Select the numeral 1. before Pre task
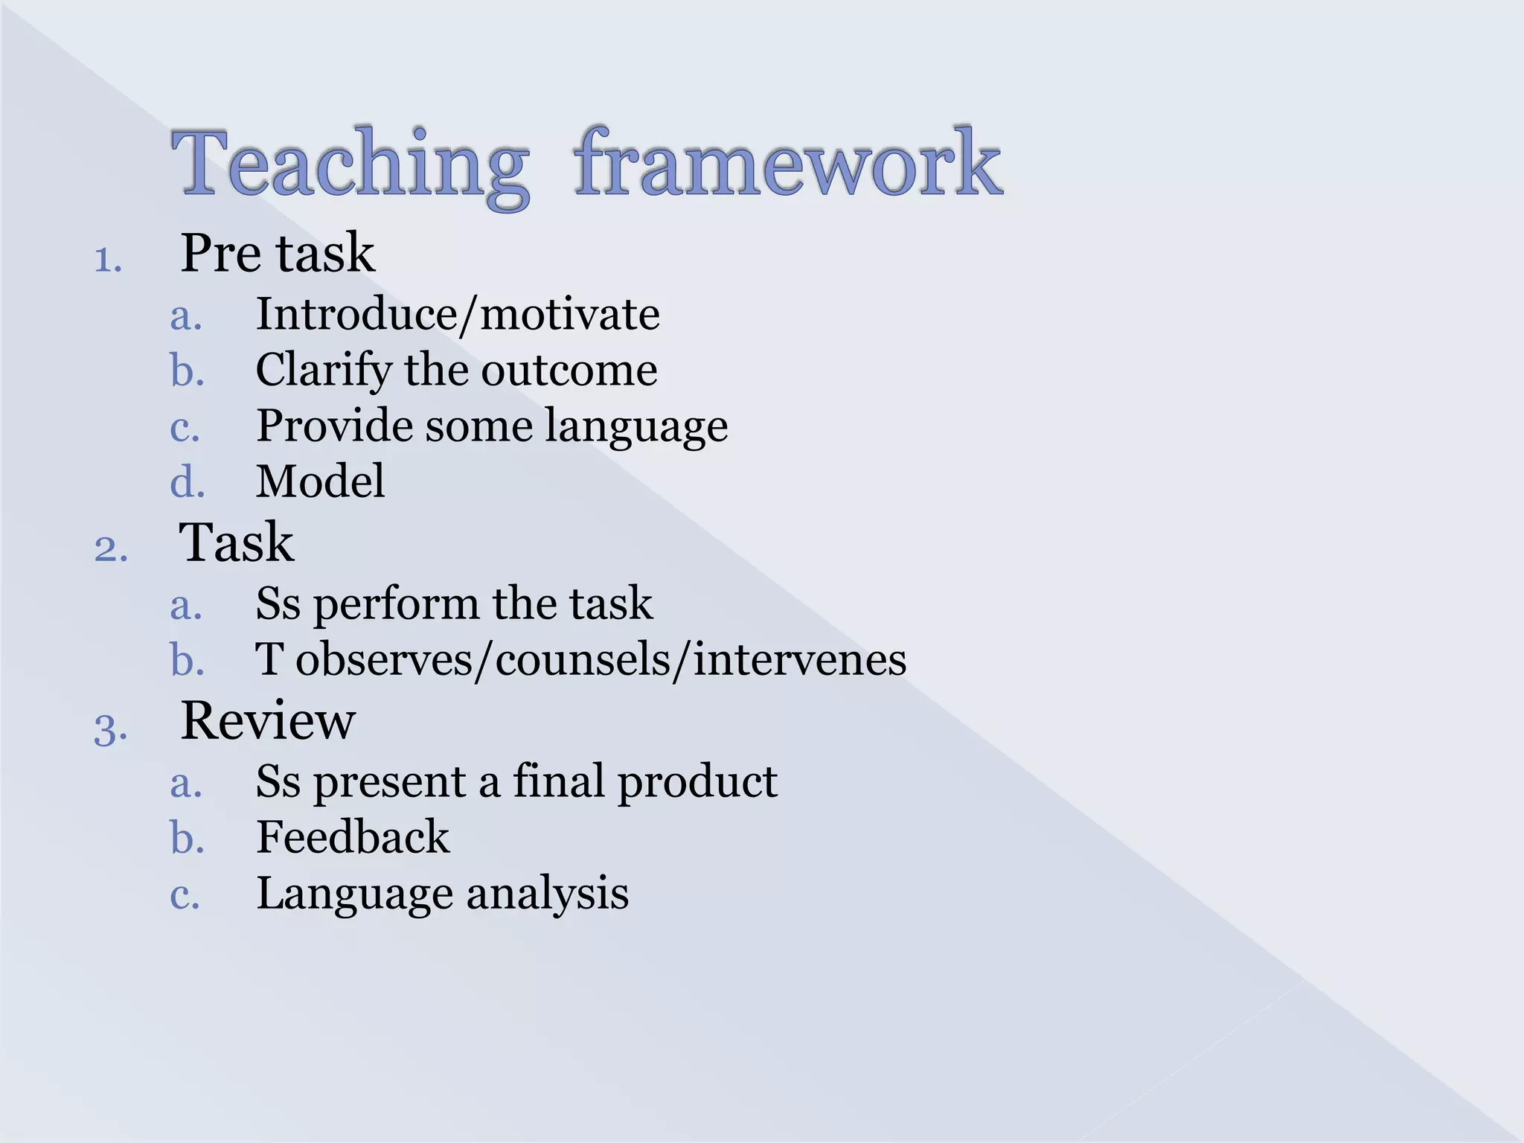click(x=109, y=260)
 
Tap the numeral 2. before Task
click(x=111, y=549)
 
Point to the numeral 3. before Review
click(x=111, y=729)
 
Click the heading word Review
click(x=268, y=721)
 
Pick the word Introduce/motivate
click(x=458, y=315)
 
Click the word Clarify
click(x=323, y=371)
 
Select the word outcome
click(x=569, y=371)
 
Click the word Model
click(x=321, y=481)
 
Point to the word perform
click(x=395, y=604)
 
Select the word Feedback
click(x=353, y=838)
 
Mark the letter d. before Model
click(x=187, y=482)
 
